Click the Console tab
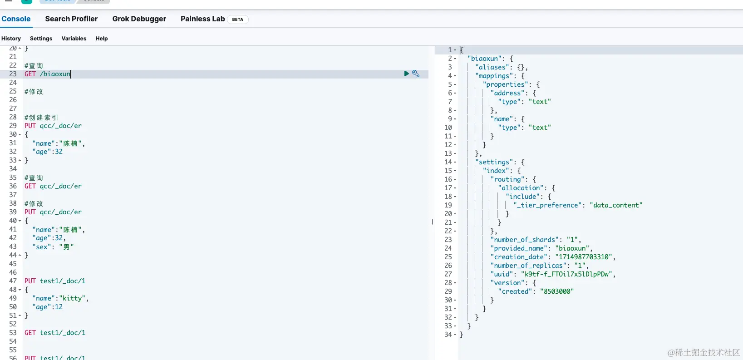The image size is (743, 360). [16, 19]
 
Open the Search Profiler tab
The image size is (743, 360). [71, 19]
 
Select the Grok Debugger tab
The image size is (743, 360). [139, 19]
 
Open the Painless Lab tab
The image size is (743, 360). [203, 19]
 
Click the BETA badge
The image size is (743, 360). [237, 19]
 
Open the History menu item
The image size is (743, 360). [11, 39]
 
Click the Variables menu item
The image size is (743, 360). [74, 39]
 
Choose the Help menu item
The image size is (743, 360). [102, 39]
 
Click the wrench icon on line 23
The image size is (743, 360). [416, 74]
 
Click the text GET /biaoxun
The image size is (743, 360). [48, 74]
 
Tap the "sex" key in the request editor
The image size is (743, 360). [41, 247]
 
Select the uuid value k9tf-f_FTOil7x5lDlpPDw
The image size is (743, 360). [566, 274]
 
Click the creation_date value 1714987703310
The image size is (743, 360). [583, 257]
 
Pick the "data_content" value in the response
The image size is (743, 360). [616, 205]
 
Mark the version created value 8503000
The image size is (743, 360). [557, 291]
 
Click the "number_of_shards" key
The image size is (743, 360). [525, 240]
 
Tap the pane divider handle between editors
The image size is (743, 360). [432, 222]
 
